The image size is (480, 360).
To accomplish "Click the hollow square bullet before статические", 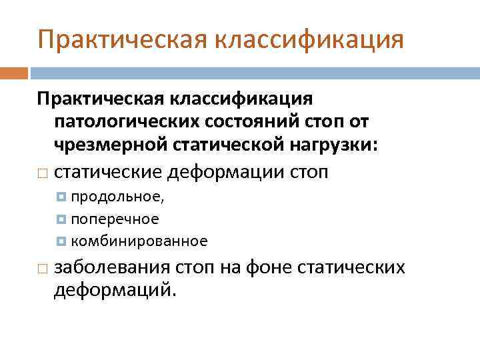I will pyautogui.click(x=42, y=173).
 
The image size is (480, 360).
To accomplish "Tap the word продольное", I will pyautogui.click(x=117, y=197).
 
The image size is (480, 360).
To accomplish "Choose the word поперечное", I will pyautogui.click(x=115, y=219).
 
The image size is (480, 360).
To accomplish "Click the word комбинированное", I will pyautogui.click(x=139, y=241).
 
